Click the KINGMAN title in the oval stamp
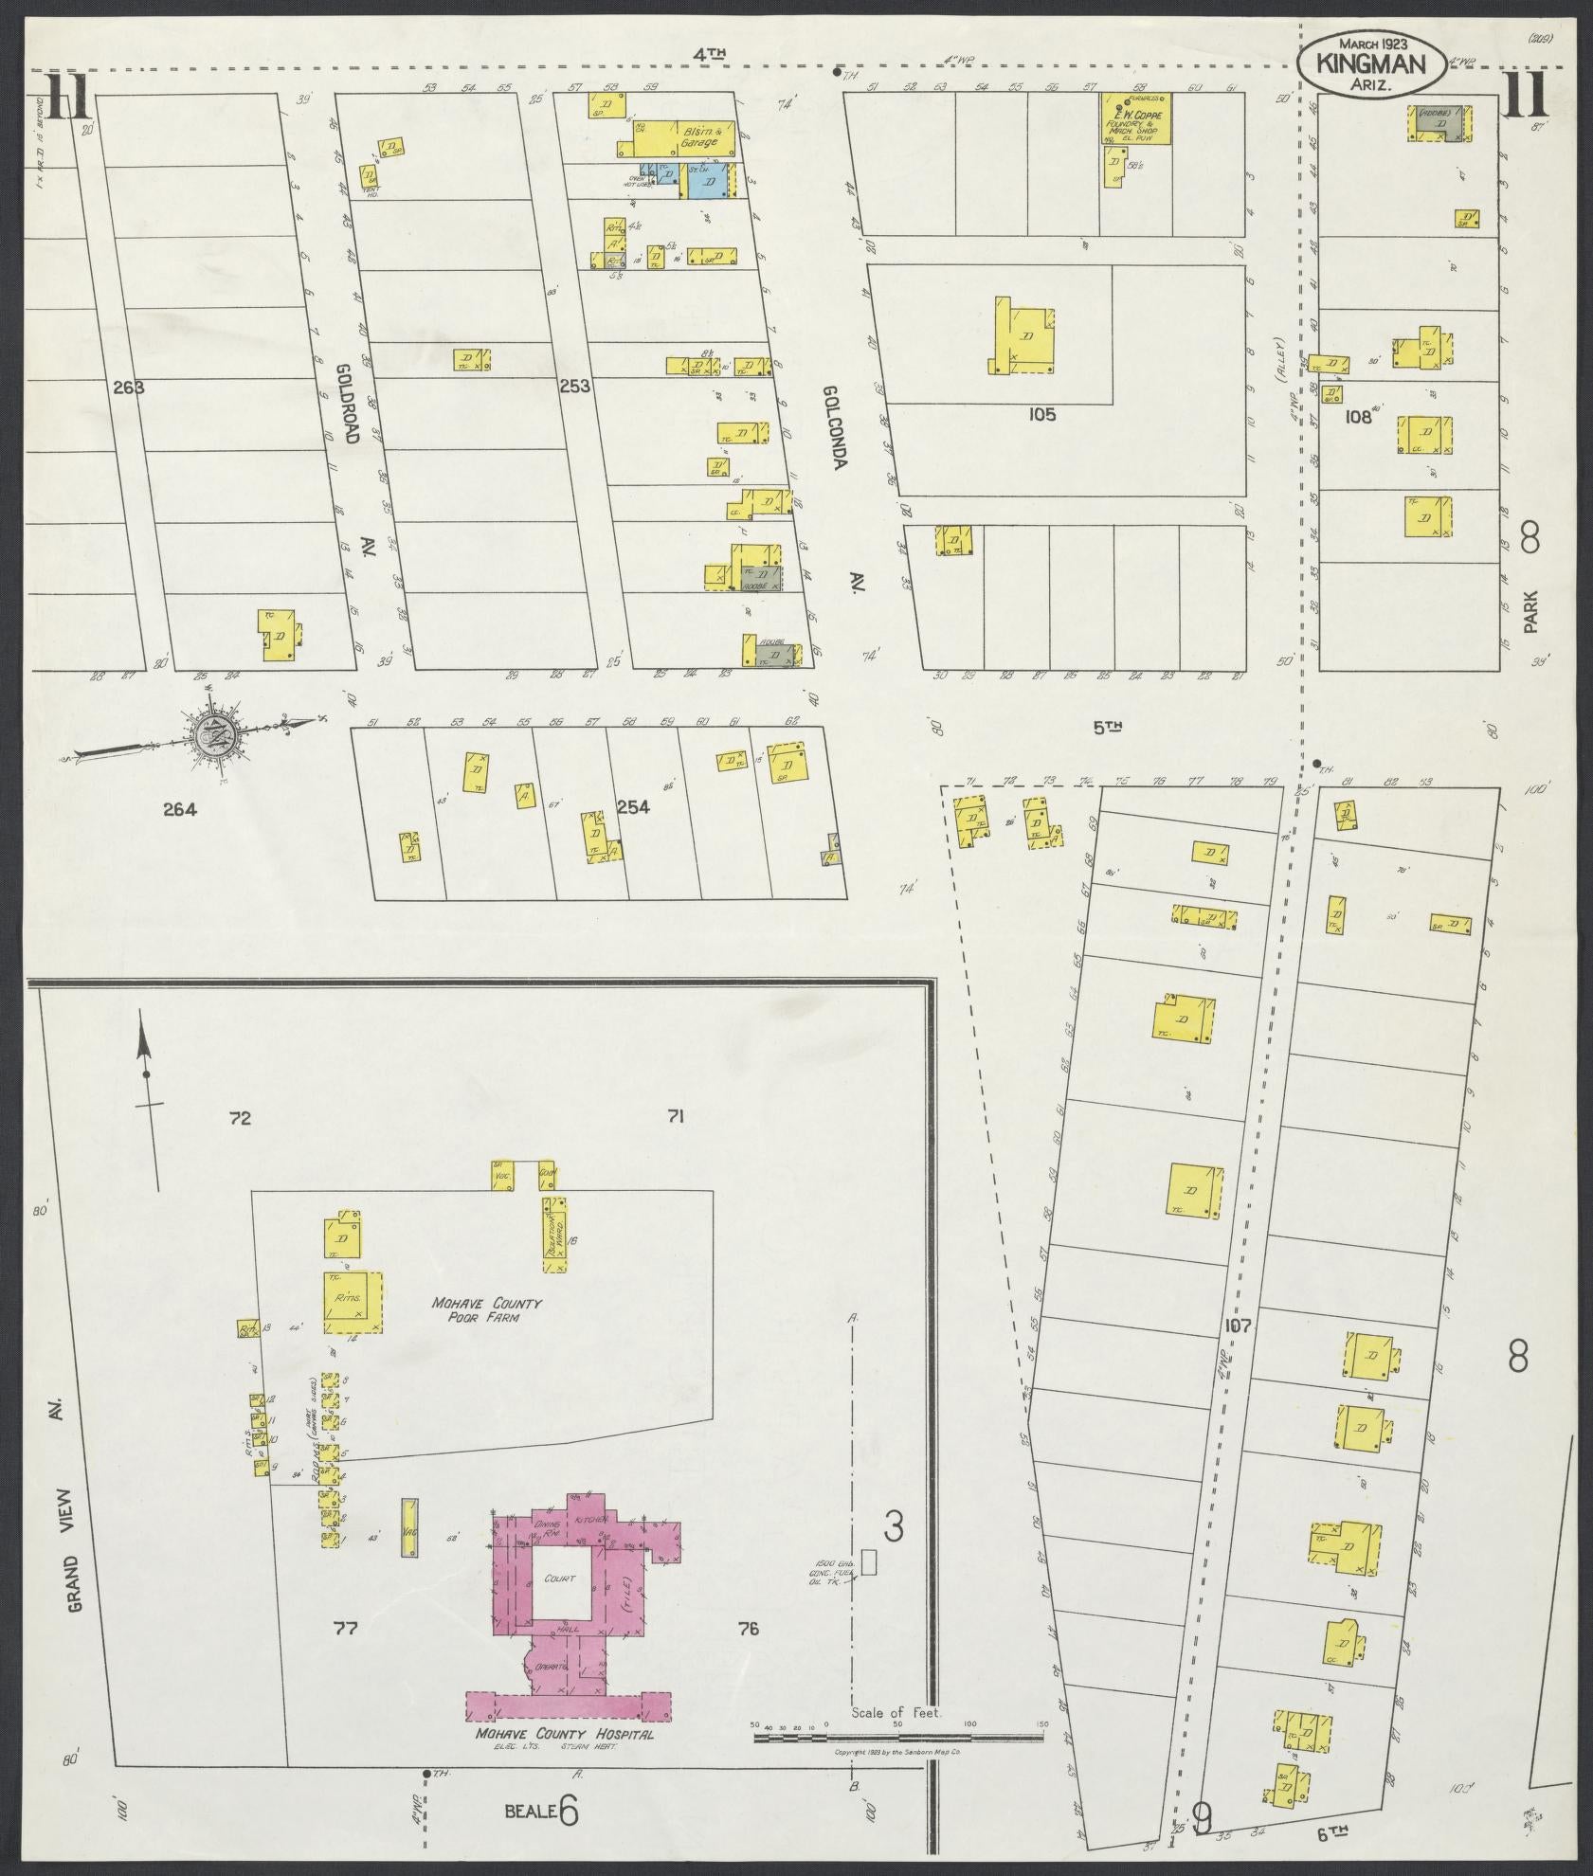[1370, 63]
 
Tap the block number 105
[1040, 414]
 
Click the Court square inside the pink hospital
[558, 1580]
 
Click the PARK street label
[1530, 611]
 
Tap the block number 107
[1236, 1325]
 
